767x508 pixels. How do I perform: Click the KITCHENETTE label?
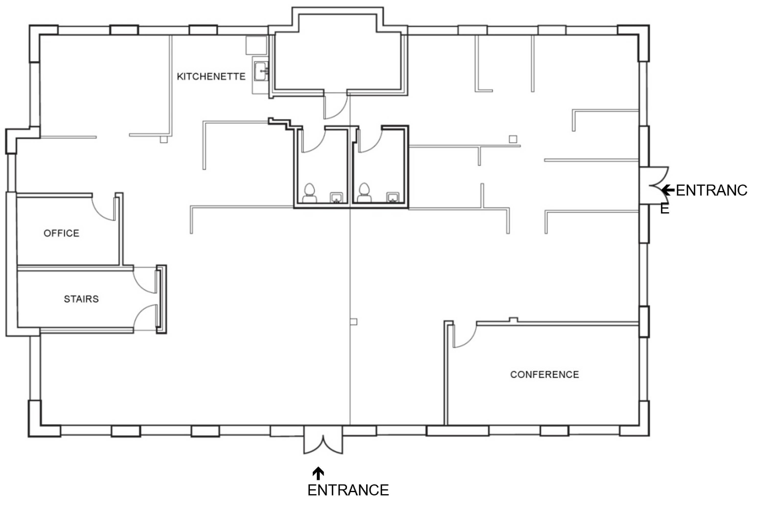tap(211, 76)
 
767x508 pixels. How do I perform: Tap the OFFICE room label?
tap(61, 233)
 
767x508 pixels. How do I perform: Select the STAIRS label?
tap(81, 299)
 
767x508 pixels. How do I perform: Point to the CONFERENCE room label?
tap(545, 374)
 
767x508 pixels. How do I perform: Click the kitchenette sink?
tap(261, 71)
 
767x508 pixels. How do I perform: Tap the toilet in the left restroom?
tap(309, 193)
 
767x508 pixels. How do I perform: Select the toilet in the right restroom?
tap(364, 193)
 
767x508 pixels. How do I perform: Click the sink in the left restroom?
tap(336, 198)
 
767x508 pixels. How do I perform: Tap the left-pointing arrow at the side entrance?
tap(668, 190)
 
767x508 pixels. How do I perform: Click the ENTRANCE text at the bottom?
tap(348, 490)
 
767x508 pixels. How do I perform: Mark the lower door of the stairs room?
tap(145, 317)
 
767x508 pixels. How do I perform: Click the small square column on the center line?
tap(354, 322)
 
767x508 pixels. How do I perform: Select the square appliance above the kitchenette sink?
tap(256, 45)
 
